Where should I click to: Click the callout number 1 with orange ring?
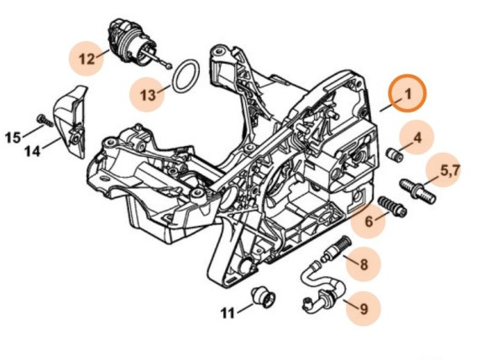(408, 95)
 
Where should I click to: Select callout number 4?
(416, 135)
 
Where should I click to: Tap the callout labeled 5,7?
(450, 170)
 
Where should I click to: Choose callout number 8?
(363, 265)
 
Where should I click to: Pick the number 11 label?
(227, 314)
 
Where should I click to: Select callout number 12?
(86, 59)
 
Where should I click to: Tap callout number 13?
(148, 95)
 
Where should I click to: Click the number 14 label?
(32, 151)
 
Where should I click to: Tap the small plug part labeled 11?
(263, 297)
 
